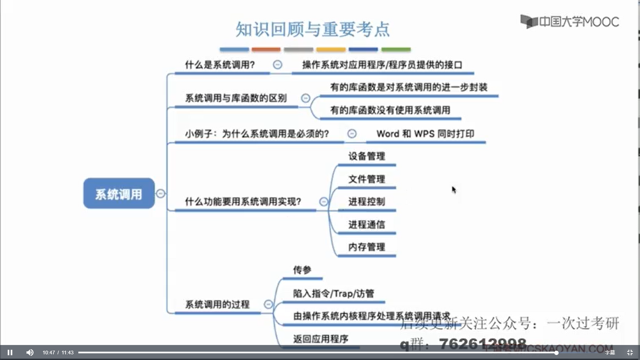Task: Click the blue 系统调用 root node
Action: tap(119, 194)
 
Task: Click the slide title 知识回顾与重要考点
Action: tap(312, 29)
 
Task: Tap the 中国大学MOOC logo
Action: tap(569, 22)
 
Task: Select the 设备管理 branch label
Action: tap(367, 156)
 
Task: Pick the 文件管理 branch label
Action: tap(367, 179)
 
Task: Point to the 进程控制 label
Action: tap(367, 201)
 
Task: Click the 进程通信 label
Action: tap(367, 224)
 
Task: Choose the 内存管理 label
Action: tap(367, 247)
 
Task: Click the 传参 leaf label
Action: tap(302, 270)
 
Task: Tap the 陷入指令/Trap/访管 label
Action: tap(333, 293)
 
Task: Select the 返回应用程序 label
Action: tap(321, 339)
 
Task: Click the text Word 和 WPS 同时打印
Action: tap(425, 134)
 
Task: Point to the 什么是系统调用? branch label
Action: tap(220, 65)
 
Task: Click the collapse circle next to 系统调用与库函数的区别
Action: tap(306, 98)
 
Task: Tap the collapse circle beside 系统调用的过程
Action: tap(268, 304)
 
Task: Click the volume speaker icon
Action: tap(30, 352)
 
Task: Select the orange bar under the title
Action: tap(266, 50)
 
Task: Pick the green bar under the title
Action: tap(396, 50)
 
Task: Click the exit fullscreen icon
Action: tap(630, 352)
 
